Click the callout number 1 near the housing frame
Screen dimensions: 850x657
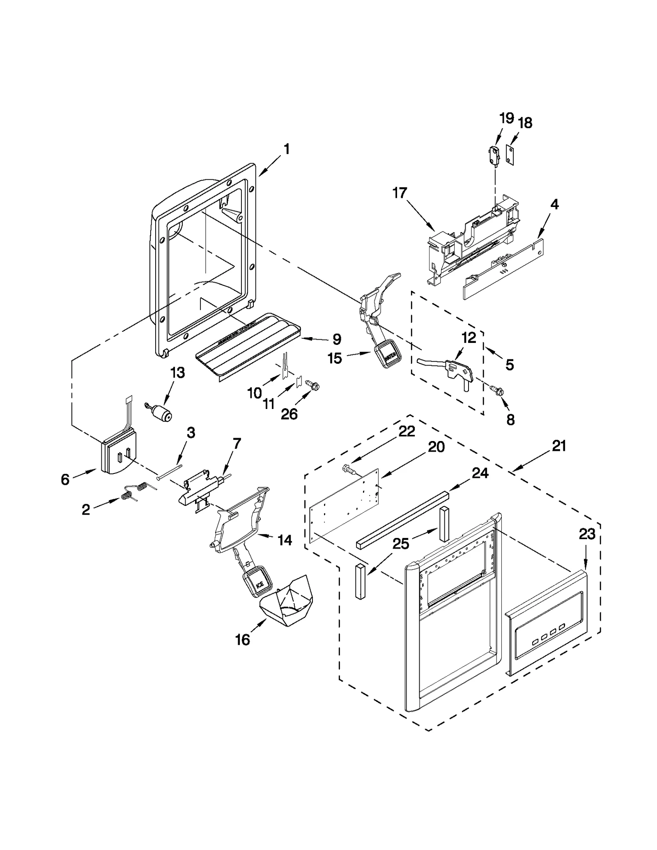tap(287, 149)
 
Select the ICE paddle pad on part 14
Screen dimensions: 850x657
tap(257, 581)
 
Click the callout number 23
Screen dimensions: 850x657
tap(587, 535)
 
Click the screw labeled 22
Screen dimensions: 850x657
tap(349, 469)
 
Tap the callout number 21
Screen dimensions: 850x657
tap(559, 446)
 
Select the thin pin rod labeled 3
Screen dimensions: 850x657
tap(169, 469)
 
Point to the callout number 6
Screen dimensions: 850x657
tap(65, 479)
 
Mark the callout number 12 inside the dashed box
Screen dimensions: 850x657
tap(469, 338)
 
